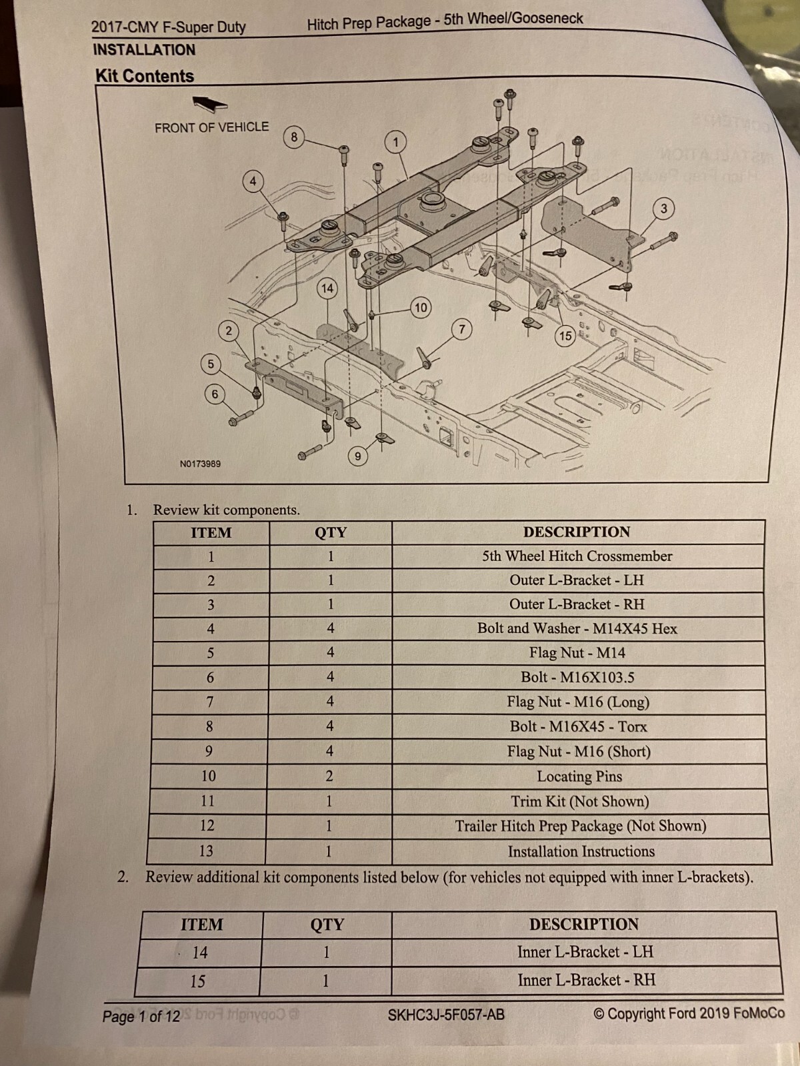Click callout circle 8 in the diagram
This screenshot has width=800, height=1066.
[x=294, y=137]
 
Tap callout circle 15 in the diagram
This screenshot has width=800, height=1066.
[x=565, y=336]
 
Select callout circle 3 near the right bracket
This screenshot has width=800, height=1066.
[x=663, y=209]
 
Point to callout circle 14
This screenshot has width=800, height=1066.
[x=327, y=288]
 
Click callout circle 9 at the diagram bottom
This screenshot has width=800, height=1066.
[x=358, y=456]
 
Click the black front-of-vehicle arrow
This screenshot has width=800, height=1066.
[x=210, y=103]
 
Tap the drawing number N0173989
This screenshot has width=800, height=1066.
[x=200, y=464]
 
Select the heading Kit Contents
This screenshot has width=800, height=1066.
[x=145, y=76]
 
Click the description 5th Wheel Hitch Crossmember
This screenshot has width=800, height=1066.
[x=577, y=556]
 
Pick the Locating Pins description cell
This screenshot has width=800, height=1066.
[x=579, y=776]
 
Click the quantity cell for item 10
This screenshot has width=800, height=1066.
[x=329, y=776]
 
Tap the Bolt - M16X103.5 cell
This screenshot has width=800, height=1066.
[x=577, y=678]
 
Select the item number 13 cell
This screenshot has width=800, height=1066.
[x=206, y=851]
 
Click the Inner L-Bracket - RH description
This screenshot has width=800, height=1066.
[x=586, y=980]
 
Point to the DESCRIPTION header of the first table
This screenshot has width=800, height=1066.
[x=577, y=532]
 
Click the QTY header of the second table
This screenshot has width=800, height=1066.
[x=327, y=924]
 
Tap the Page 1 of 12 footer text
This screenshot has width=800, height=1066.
[x=141, y=1017]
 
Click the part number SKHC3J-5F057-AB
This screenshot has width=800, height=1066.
[x=446, y=1015]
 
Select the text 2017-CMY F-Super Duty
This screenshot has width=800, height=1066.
[x=169, y=27]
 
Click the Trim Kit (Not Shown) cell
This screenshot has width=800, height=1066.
[x=580, y=801]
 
